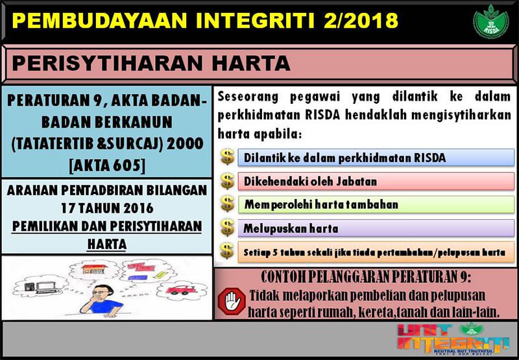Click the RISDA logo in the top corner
(490, 21)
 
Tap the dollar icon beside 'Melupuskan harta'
(227, 227)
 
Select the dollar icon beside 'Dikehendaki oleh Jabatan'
(227, 180)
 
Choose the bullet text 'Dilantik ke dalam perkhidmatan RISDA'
(344, 158)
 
